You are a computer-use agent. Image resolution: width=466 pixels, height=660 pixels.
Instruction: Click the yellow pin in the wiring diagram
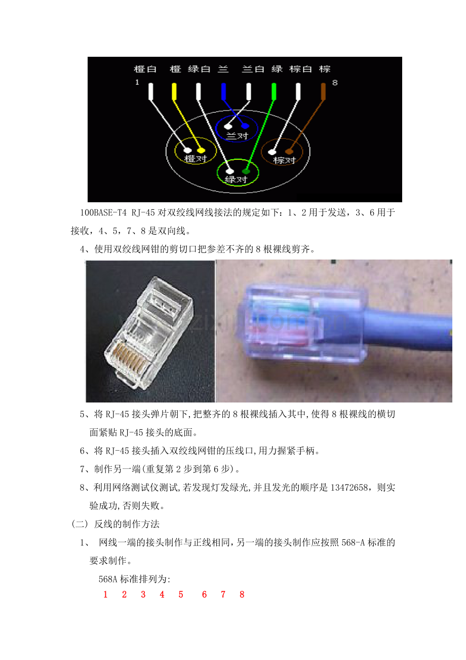tap(174, 92)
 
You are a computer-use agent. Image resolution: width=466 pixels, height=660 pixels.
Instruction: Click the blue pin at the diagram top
tap(223, 92)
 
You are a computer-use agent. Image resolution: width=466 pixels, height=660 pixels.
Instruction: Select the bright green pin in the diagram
tap(274, 92)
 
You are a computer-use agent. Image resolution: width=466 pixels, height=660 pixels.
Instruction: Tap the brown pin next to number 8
tap(323, 92)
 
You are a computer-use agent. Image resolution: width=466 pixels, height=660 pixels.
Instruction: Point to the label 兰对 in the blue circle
tap(237, 136)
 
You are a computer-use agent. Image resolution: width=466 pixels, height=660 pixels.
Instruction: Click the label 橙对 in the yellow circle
tap(196, 159)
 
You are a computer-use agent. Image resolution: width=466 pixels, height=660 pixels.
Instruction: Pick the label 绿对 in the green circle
tap(236, 179)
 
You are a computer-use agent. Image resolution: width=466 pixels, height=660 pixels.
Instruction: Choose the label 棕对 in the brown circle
tap(284, 161)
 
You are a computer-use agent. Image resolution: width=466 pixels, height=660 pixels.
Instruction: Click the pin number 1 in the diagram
tap(137, 82)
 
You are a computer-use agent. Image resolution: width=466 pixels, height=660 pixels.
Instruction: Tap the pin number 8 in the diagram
tap(335, 83)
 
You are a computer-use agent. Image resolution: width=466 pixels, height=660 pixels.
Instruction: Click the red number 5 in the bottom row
tap(181, 595)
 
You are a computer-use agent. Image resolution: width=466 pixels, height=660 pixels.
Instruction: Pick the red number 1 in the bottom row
tap(105, 595)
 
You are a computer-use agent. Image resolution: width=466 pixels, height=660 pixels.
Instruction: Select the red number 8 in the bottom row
tap(242, 595)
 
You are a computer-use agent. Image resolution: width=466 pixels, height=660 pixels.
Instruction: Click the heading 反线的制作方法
tap(127, 524)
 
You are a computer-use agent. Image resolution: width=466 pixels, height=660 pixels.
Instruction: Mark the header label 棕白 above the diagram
tap(300, 69)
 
